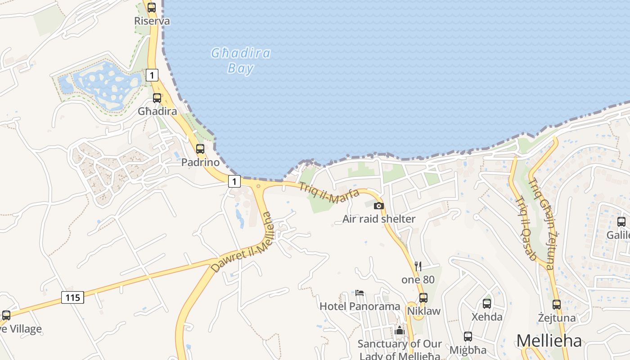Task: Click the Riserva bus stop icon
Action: [x=152, y=7]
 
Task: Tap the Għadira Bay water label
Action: [x=241, y=61]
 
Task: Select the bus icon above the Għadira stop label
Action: [x=157, y=98]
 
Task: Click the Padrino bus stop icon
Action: [x=200, y=148]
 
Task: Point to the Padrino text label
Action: [x=200, y=162]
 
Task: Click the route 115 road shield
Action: [x=72, y=297]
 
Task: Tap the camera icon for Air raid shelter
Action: [x=379, y=206]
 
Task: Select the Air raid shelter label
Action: [x=379, y=219]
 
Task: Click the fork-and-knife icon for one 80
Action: [x=418, y=266]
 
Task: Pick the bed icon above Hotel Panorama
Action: [x=360, y=292]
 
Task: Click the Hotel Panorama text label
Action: [x=360, y=306]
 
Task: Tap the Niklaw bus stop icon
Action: [x=423, y=297]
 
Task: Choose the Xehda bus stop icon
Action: [x=487, y=303]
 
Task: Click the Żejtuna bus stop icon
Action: [x=557, y=305]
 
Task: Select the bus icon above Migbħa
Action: [x=468, y=337]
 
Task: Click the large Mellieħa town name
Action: [x=549, y=341]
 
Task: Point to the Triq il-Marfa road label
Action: [x=330, y=195]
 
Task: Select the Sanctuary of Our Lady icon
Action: [x=399, y=331]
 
